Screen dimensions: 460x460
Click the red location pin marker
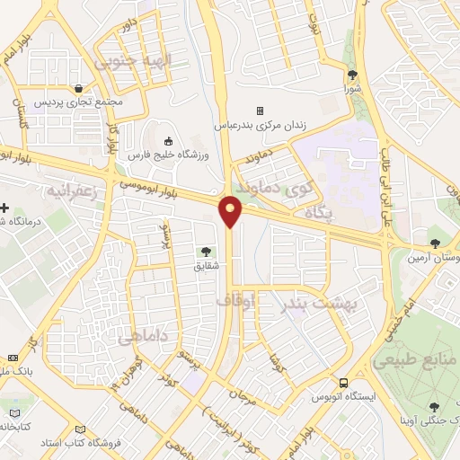231,210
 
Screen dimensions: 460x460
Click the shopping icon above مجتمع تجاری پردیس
81,88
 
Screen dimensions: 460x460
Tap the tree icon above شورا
351,75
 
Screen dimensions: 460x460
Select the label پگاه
319,214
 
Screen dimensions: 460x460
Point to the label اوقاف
261,303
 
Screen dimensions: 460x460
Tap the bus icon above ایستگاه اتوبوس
343,381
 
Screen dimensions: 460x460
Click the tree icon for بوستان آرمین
436,243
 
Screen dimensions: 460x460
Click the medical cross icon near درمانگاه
5,208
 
